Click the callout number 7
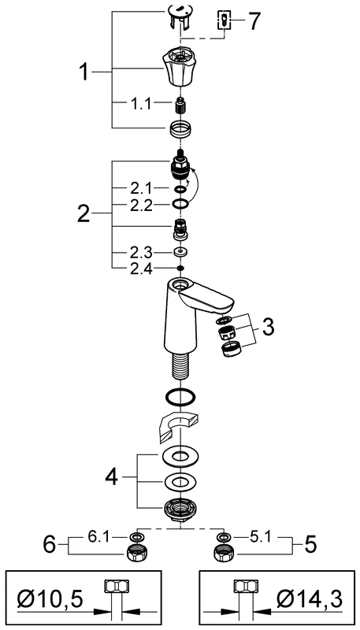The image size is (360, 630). coord(254,20)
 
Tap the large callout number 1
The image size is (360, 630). coord(84,72)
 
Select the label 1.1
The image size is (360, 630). coord(141,105)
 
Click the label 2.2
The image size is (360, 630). coord(142,206)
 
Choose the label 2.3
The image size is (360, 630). coord(142,253)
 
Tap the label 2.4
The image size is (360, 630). coord(142,269)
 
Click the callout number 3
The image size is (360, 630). coord(267,327)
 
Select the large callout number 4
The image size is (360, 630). coord(111,477)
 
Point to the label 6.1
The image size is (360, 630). coord(97,537)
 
